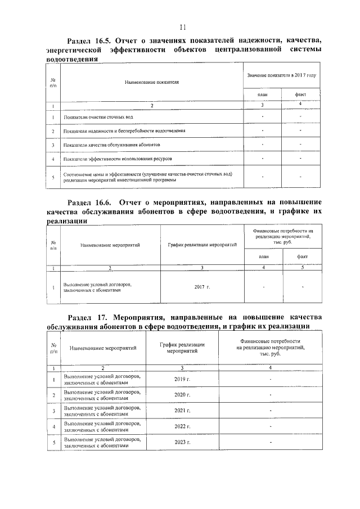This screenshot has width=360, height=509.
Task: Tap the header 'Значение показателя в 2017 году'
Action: point(281,75)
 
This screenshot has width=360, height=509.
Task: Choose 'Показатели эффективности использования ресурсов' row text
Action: point(118,159)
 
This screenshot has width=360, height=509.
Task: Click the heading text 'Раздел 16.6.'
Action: point(89,202)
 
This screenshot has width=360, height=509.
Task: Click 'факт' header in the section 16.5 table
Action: point(300,95)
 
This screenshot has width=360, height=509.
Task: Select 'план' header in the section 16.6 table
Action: point(263,256)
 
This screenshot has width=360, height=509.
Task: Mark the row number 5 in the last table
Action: point(53,443)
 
